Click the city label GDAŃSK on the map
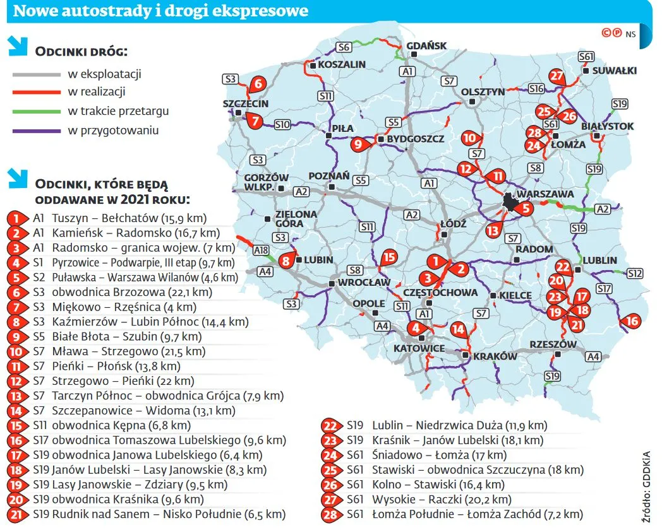[x=427, y=46]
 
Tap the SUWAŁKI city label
[x=615, y=70]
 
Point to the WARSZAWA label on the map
[x=545, y=194]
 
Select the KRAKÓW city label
[x=495, y=356]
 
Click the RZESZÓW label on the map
[x=553, y=344]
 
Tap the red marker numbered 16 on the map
[x=632, y=321]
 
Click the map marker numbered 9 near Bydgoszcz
[x=358, y=144]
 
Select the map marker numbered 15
[x=389, y=256]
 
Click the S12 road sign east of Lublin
[x=635, y=273]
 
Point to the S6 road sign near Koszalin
[x=344, y=47]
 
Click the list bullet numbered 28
[x=330, y=514]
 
